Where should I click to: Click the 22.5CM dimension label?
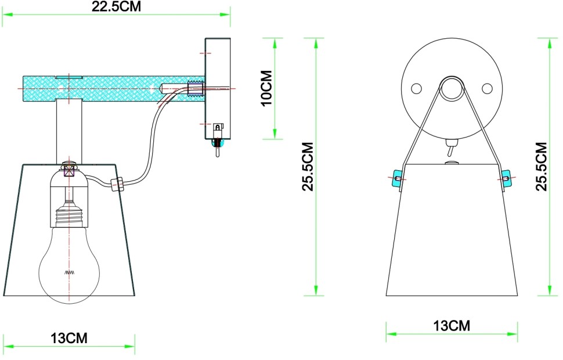point(116,7)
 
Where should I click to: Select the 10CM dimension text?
point(266,89)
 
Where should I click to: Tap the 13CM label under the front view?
point(452,326)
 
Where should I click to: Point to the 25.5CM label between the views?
point(308,166)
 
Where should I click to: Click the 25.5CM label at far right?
point(542,166)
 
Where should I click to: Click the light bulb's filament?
point(69,272)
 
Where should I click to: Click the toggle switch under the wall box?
point(218,150)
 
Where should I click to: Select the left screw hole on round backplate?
point(416,88)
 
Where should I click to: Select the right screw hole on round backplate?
point(487,88)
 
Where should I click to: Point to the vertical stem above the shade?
point(69,131)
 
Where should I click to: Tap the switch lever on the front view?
point(450,150)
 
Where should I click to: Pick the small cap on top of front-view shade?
point(451,163)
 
